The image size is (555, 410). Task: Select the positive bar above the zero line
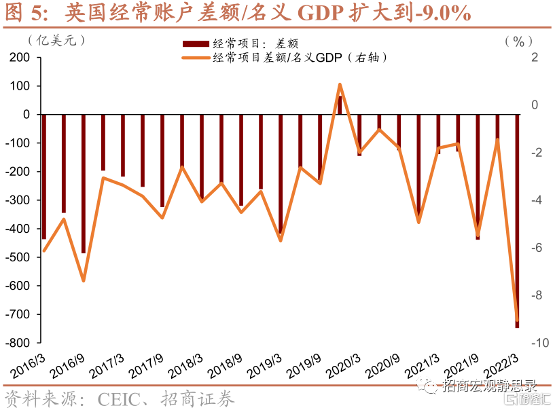[340, 105]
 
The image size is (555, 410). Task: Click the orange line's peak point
[340, 84]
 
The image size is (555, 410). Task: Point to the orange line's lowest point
[517, 320]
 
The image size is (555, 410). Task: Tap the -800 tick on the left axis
[20, 343]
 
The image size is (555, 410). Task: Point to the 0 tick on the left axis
[27, 115]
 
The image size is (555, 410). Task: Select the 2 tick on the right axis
[535, 58]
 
